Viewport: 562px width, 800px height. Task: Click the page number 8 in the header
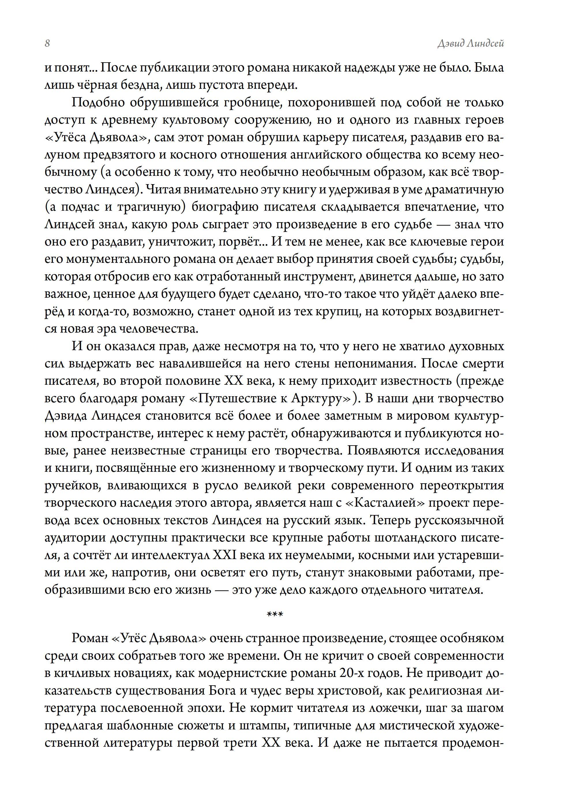[47, 44]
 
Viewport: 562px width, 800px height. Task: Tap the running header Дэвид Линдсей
[470, 44]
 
